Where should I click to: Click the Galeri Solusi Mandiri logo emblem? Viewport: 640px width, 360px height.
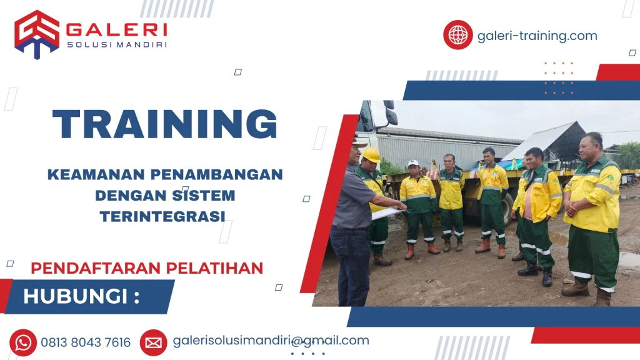[x=37, y=34]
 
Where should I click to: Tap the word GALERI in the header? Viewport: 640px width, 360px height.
[x=116, y=29]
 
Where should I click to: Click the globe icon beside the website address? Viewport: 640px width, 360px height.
[x=458, y=35]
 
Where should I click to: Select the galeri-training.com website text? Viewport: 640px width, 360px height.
[x=537, y=36]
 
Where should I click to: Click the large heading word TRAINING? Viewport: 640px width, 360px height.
[x=165, y=125]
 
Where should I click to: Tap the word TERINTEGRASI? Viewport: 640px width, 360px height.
[x=162, y=216]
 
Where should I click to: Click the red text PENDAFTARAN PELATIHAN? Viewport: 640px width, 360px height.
[x=147, y=268]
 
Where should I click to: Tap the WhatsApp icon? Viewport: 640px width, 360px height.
[x=23, y=342]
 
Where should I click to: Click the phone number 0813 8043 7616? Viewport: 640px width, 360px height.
[x=86, y=342]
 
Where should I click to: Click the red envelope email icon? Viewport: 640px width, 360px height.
[x=153, y=342]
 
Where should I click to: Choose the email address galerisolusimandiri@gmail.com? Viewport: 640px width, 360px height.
[x=271, y=341]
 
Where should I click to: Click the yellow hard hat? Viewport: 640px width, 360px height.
[x=371, y=154]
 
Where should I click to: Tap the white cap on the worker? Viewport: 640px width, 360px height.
[x=413, y=164]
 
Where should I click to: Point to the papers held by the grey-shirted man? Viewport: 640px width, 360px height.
[x=387, y=212]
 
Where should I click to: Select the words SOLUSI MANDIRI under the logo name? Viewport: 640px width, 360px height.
[x=116, y=44]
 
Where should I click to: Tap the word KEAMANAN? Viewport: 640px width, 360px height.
[x=87, y=174]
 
